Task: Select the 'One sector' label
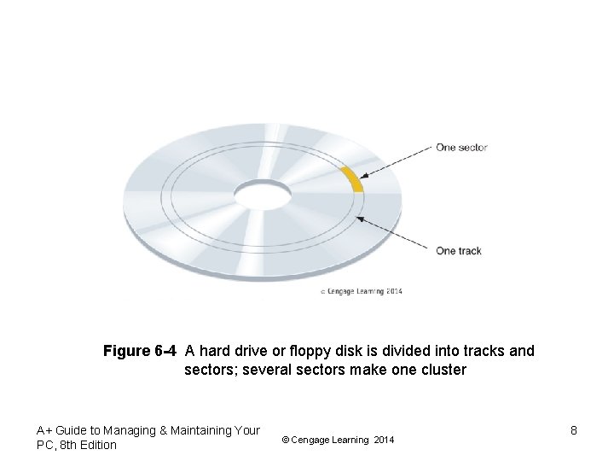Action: coord(461,148)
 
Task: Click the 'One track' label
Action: coord(459,251)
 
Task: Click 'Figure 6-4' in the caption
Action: coord(140,351)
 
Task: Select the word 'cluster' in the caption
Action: coord(442,370)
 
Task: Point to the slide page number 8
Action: coord(574,430)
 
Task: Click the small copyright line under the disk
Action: coord(361,291)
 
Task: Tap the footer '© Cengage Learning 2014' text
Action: coord(338,440)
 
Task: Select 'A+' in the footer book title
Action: coord(45,431)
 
